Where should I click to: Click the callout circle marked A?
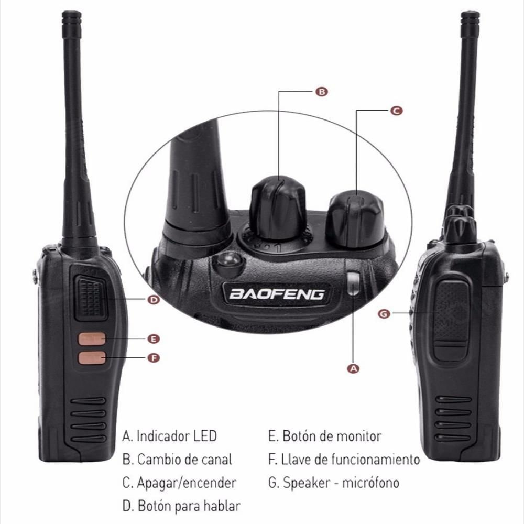(x=353, y=368)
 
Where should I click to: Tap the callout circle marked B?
(x=322, y=92)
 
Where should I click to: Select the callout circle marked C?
(x=396, y=111)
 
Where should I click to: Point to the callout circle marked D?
(x=154, y=300)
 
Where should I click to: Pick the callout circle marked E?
(x=154, y=339)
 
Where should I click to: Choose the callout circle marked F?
(x=154, y=358)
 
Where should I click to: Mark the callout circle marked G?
(x=384, y=314)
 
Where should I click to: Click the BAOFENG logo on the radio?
(x=277, y=294)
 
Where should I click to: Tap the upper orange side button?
(x=92, y=339)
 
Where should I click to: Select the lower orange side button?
(x=92, y=358)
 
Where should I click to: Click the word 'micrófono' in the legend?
(x=370, y=483)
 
